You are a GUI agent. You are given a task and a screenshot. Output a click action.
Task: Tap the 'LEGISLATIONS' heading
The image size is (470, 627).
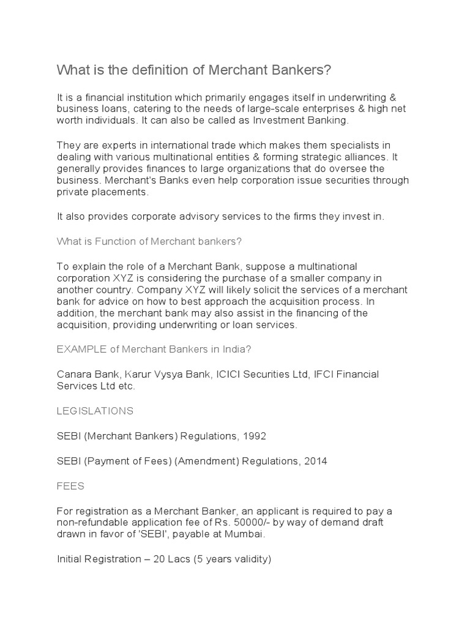click(95, 410)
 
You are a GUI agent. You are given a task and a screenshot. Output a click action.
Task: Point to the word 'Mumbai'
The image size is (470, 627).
click(249, 533)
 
